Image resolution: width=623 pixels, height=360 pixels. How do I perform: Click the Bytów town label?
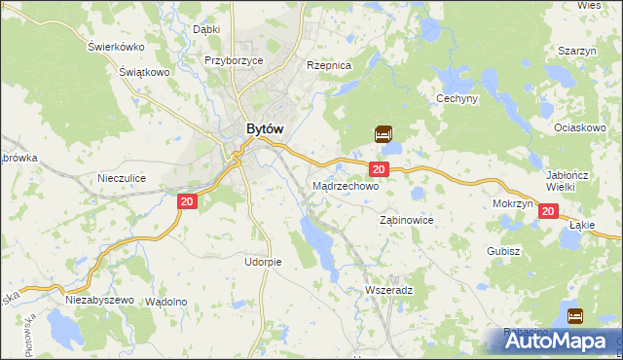tap(265, 127)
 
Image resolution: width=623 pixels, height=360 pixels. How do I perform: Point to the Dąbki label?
tap(206, 29)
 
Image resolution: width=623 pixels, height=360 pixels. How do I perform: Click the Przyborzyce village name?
tap(235, 59)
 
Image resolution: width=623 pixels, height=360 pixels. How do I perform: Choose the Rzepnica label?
tap(328, 65)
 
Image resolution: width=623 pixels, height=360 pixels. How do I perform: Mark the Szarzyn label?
tap(576, 51)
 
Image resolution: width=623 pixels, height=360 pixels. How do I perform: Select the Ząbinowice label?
tap(405, 221)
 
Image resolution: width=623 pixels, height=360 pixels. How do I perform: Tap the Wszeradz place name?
tap(388, 291)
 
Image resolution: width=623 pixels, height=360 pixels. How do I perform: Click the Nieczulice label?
tap(122, 178)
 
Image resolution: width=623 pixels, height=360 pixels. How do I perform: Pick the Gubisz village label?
tap(505, 251)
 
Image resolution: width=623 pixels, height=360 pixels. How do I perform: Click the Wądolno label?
tap(165, 302)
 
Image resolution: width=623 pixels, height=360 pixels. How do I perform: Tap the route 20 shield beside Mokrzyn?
tap(547, 211)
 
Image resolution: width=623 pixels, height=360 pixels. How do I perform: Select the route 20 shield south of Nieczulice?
tap(189, 200)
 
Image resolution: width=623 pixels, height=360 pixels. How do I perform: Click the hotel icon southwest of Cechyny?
tap(384, 133)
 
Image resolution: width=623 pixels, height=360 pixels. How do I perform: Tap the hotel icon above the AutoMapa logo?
tap(574, 315)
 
